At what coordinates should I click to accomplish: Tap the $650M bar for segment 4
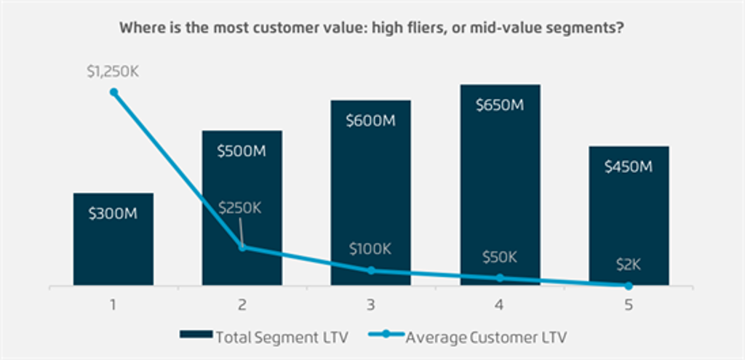click(x=500, y=185)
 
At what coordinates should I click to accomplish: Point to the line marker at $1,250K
click(x=113, y=92)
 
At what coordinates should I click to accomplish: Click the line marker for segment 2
click(x=242, y=247)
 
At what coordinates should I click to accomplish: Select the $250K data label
click(x=239, y=207)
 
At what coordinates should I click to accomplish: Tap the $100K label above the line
click(x=370, y=249)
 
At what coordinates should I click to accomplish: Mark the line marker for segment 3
click(x=371, y=271)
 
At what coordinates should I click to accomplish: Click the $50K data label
click(x=499, y=257)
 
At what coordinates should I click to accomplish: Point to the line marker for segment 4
click(x=500, y=278)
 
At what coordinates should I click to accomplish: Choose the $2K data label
click(x=627, y=265)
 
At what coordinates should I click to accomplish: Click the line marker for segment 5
click(x=629, y=286)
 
